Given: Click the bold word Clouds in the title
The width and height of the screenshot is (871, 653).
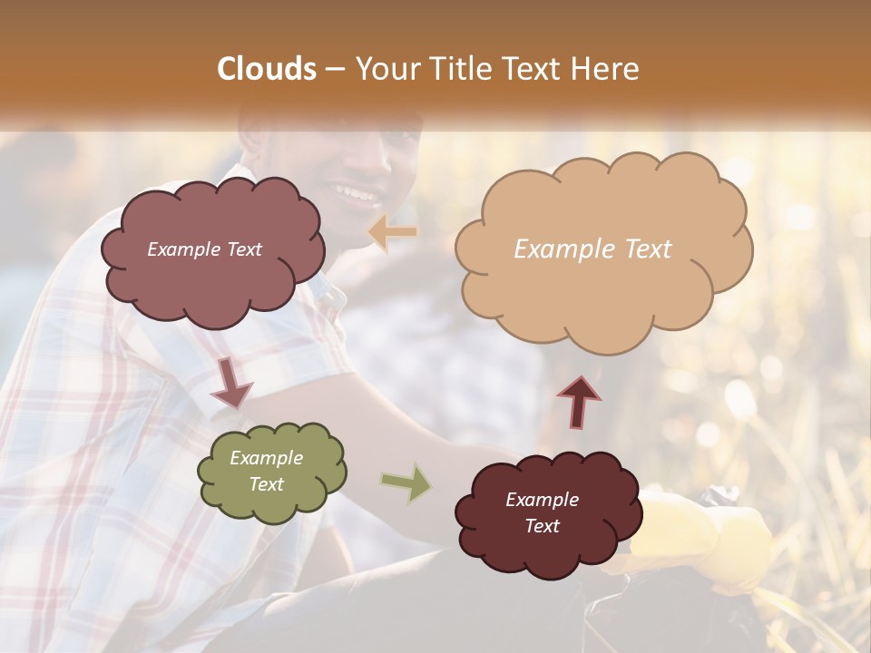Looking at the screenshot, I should [267, 69].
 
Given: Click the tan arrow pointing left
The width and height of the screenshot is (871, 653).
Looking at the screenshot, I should [392, 232].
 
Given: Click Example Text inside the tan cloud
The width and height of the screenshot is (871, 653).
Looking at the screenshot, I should [592, 249].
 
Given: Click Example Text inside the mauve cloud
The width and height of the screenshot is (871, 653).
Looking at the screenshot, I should [204, 249].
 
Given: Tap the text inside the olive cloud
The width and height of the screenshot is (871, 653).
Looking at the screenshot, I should [267, 471].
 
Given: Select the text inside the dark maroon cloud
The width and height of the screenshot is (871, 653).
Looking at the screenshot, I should [542, 512].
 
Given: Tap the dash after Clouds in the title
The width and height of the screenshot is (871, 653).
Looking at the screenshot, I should [333, 69].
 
